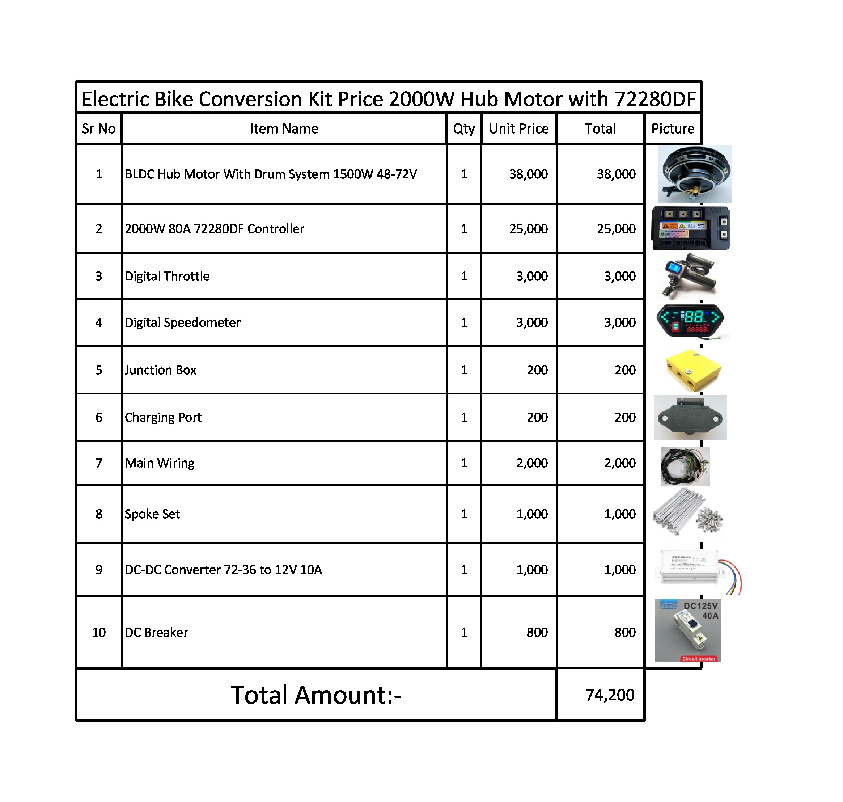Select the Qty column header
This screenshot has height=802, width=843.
(463, 129)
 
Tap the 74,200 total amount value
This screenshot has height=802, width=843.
(610, 695)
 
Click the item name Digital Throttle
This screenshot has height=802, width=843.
(167, 276)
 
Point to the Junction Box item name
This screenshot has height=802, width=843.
(160, 370)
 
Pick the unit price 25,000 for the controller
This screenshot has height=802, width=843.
(528, 229)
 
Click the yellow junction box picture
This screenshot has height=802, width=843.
(693, 370)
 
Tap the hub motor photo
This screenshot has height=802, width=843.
(695, 174)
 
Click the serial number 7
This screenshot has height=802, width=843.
(99, 463)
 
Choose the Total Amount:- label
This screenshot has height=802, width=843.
(316, 695)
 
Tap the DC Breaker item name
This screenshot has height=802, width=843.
(156, 632)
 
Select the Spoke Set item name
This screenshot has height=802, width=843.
(152, 514)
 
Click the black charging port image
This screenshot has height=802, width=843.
(690, 417)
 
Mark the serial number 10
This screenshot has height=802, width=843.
(99, 632)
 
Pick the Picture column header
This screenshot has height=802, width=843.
(673, 129)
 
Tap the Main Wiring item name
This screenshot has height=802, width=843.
(160, 463)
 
